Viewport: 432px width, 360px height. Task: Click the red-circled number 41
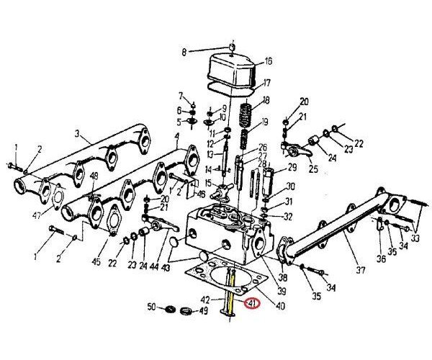(x=251, y=305)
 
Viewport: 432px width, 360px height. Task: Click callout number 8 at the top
(x=183, y=52)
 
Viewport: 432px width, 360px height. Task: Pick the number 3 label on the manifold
(x=77, y=133)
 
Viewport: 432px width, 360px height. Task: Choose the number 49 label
(x=204, y=311)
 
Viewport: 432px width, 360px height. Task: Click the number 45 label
(x=96, y=261)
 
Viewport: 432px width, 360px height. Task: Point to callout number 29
(x=292, y=167)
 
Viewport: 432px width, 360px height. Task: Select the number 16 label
(x=268, y=61)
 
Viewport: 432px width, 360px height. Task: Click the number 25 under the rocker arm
(x=313, y=169)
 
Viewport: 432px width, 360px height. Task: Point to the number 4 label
(x=176, y=137)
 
